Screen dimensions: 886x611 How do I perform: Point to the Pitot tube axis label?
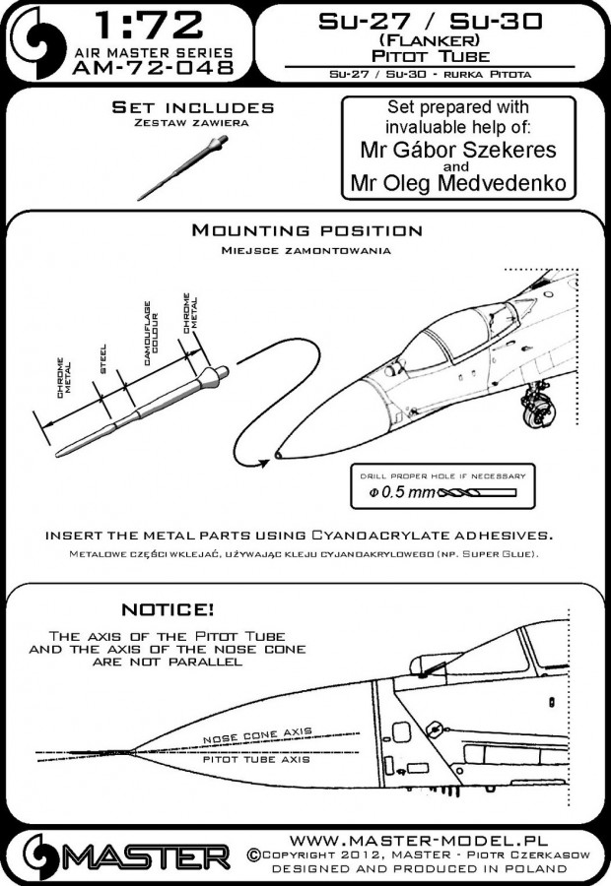(256, 761)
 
